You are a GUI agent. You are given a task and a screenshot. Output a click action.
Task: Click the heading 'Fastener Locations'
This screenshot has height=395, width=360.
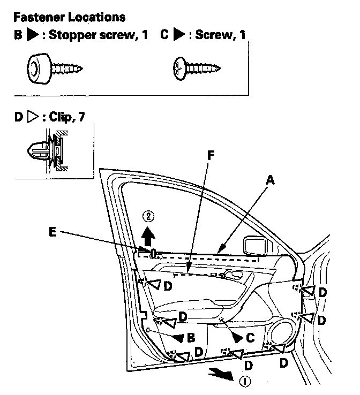[69, 17]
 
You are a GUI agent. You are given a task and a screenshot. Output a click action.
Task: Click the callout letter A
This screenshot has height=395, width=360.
[271, 182]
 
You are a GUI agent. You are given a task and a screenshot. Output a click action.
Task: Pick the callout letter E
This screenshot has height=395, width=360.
[52, 232]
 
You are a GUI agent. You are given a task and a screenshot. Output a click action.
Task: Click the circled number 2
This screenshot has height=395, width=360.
[149, 217]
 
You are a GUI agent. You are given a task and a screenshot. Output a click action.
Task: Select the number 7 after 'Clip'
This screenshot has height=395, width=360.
[81, 117]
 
